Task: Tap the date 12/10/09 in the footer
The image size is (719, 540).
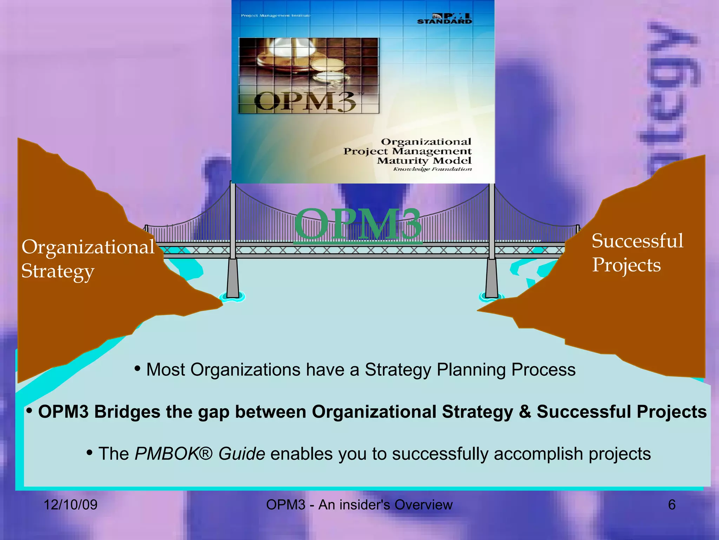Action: point(70,504)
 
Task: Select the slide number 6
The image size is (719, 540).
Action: point(672,504)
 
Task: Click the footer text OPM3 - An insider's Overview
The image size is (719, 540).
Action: point(359,504)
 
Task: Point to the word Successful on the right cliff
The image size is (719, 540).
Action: point(637,241)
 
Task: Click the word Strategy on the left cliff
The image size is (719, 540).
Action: point(58,271)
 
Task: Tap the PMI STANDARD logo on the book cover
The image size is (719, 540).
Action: point(444,19)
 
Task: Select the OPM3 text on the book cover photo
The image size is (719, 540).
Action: point(305,102)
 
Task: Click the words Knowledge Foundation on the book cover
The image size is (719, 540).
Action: point(432,169)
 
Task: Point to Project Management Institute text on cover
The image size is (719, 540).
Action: point(276,15)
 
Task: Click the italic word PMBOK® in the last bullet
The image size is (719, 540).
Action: point(173,454)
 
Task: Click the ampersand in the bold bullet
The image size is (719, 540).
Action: point(525,412)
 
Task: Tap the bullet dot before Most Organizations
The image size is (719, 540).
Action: point(138,369)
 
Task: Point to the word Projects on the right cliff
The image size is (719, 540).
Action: point(626,265)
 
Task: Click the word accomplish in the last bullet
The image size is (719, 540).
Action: point(539,454)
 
